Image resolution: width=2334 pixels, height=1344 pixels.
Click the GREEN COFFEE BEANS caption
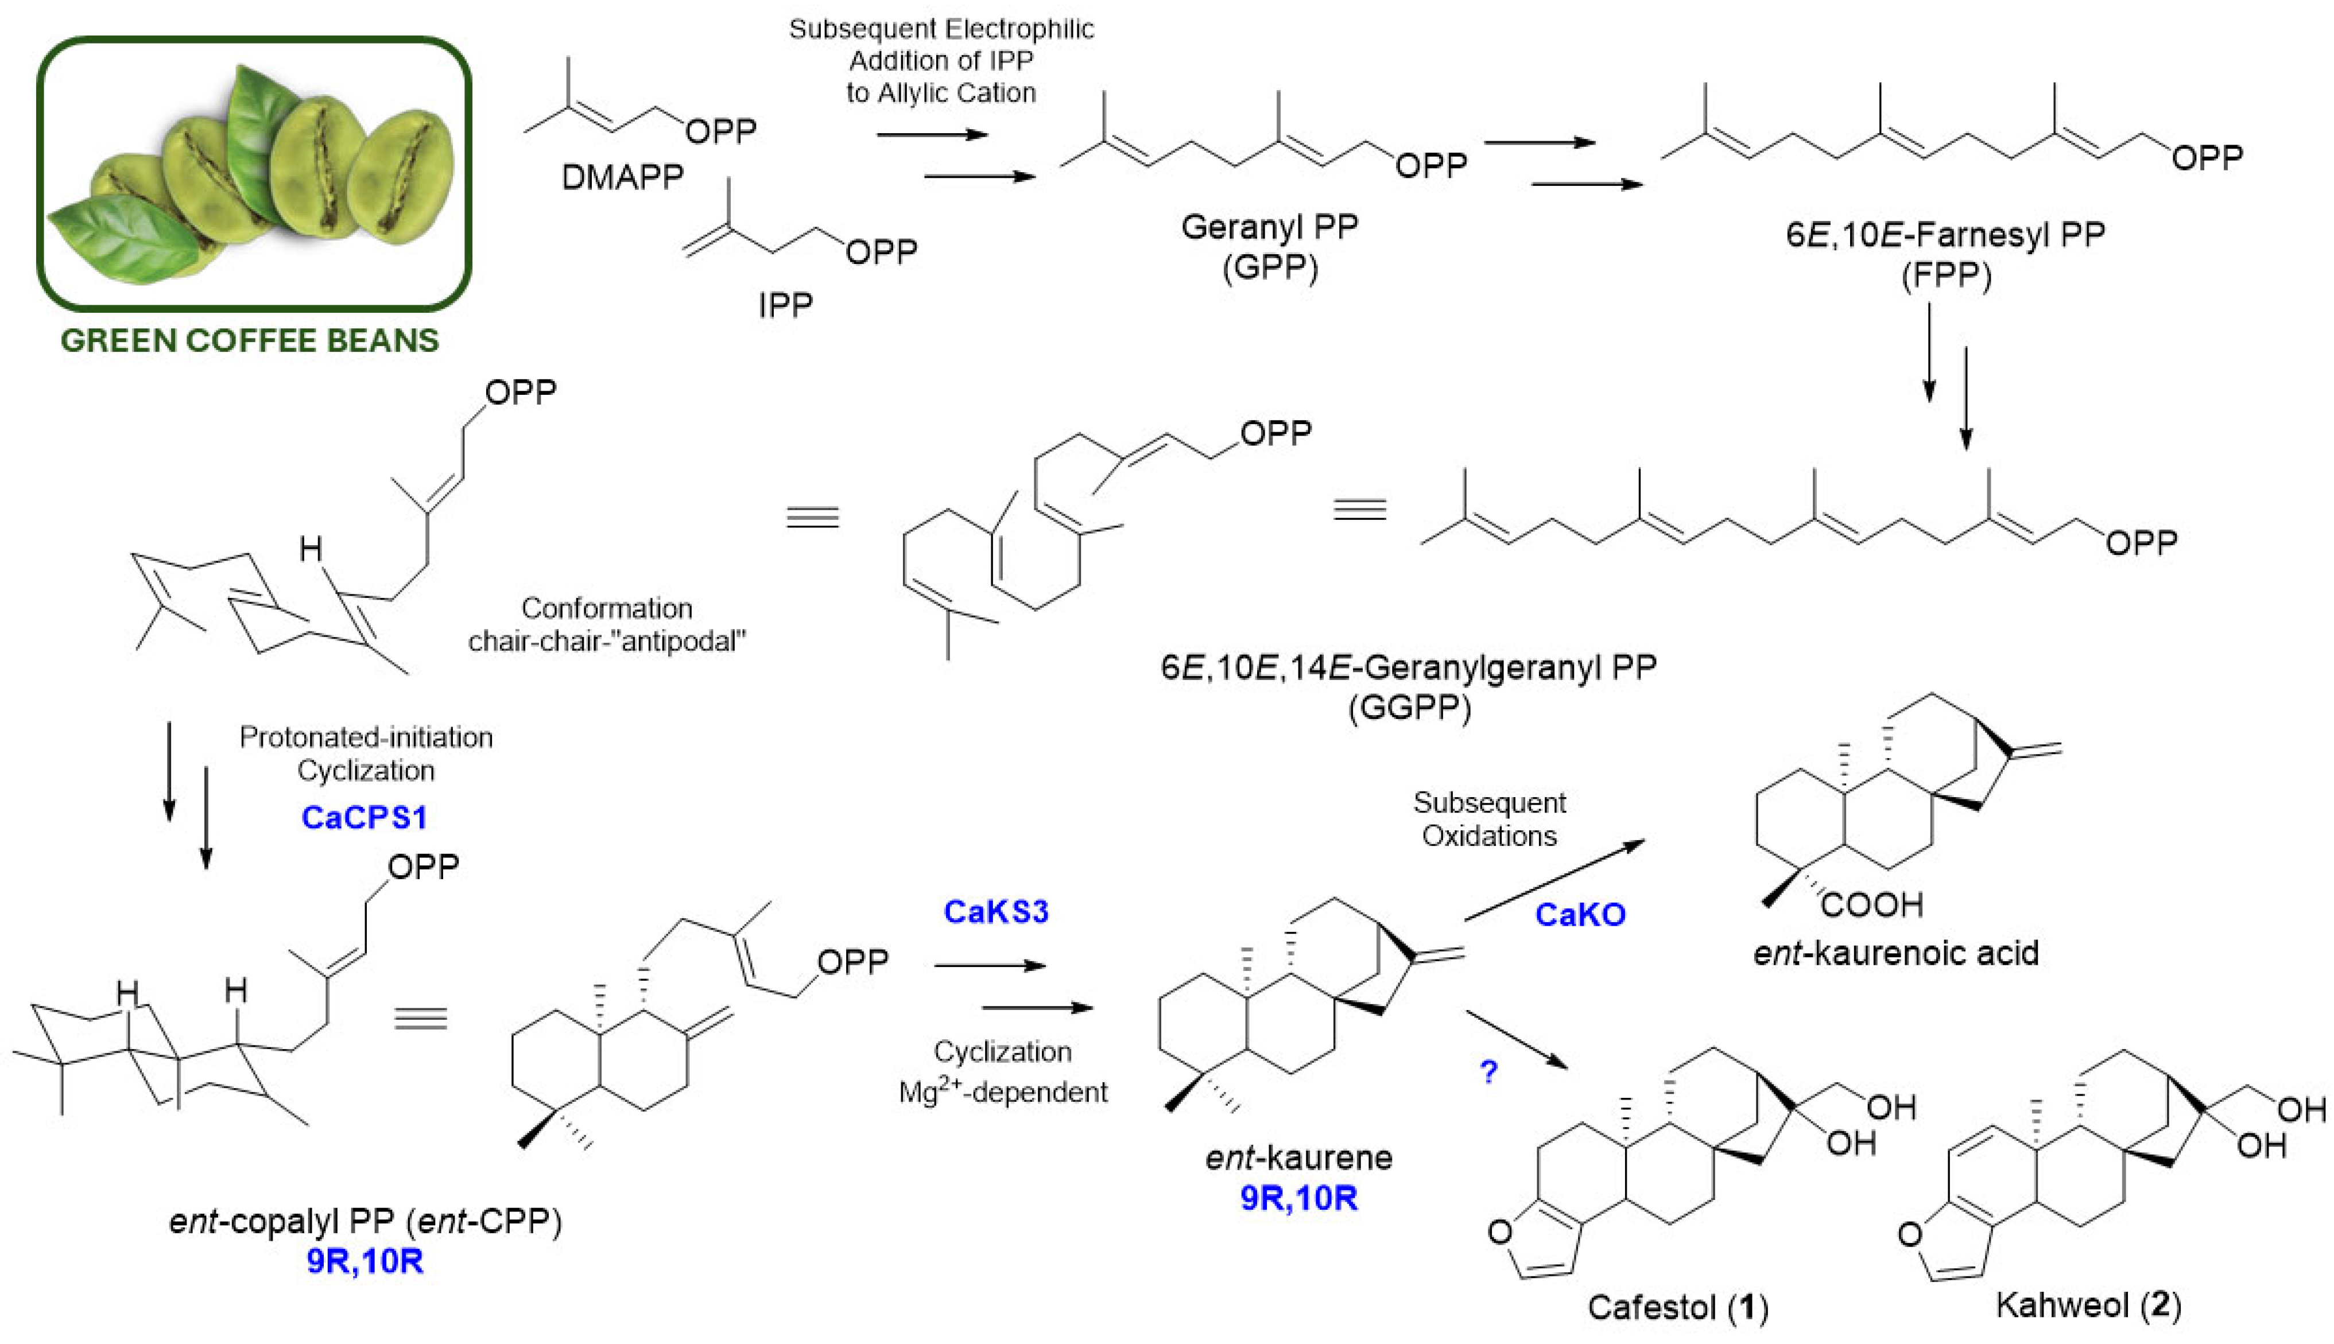pyautogui.click(x=249, y=341)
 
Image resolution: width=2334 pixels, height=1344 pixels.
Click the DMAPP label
pyautogui.click(x=622, y=176)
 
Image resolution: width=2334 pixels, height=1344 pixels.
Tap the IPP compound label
pyautogui.click(x=785, y=305)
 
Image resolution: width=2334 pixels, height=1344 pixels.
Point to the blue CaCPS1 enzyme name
pyautogui.click(x=365, y=817)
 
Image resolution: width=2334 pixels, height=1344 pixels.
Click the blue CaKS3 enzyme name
pyautogui.click(x=995, y=912)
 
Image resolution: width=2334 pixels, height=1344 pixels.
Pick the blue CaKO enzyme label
pyautogui.click(x=1580, y=915)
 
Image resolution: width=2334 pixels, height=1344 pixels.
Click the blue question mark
pyautogui.click(x=1488, y=1071)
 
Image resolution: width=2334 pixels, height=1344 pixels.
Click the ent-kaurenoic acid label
pyautogui.click(x=1895, y=953)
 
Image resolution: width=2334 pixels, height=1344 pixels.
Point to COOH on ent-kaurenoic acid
pyautogui.click(x=1871, y=904)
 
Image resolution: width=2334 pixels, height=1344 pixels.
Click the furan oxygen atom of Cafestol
pyautogui.click(x=1501, y=1232)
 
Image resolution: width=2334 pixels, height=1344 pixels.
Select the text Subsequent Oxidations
pyautogui.click(x=1488, y=819)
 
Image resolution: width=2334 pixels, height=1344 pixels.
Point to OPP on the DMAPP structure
pyautogui.click(x=721, y=131)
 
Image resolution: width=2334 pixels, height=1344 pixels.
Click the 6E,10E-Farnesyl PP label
pyautogui.click(x=1945, y=235)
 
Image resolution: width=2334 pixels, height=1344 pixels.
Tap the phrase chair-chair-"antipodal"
pyautogui.click(x=607, y=640)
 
